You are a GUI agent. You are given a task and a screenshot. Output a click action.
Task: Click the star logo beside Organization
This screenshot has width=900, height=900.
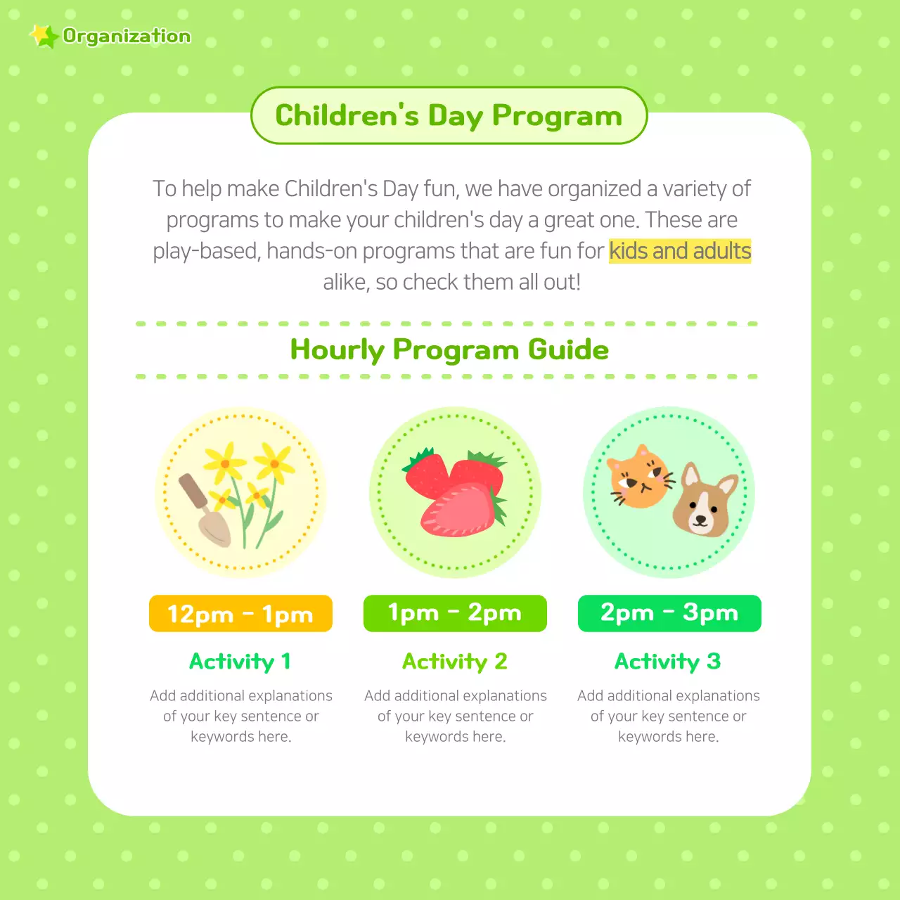tap(44, 36)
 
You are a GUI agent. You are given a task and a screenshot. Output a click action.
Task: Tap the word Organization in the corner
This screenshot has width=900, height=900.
tap(127, 36)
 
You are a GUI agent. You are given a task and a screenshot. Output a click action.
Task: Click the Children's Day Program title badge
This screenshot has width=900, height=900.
tap(449, 115)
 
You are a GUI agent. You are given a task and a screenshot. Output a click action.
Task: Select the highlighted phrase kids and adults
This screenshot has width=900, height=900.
tap(680, 251)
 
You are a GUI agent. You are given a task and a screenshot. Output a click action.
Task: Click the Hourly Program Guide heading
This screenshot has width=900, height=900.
tap(449, 349)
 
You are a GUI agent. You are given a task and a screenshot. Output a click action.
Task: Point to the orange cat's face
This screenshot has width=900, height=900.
tap(638, 478)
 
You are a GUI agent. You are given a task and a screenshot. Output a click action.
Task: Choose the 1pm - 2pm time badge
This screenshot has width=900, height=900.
tap(455, 613)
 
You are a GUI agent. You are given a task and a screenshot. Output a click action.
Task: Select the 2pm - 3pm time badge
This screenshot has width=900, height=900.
tap(669, 613)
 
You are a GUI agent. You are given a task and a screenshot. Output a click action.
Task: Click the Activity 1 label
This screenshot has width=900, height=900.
tap(240, 662)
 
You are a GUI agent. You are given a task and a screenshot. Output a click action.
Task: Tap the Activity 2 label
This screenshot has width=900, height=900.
tap(454, 662)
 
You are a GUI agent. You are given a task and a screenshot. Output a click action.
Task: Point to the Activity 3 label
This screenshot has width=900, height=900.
tap(668, 662)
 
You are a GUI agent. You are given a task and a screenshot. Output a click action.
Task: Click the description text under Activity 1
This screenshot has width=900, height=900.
tap(241, 716)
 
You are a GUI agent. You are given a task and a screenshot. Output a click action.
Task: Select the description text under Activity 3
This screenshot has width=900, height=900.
tap(669, 716)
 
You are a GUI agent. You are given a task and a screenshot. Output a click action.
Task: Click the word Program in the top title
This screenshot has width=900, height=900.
tap(557, 116)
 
